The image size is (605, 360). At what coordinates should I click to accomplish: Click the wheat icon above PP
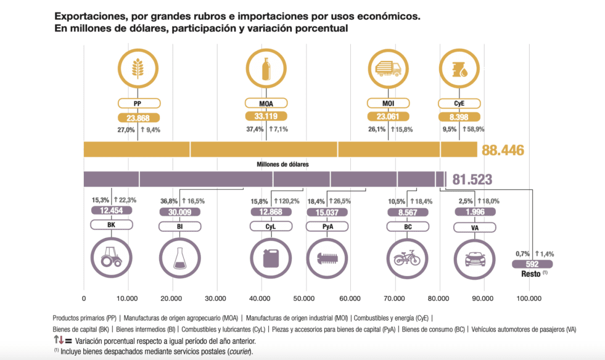(x=138, y=68)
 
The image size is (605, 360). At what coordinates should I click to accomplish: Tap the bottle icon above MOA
(x=266, y=68)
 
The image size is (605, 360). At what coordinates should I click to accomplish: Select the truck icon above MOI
(x=388, y=68)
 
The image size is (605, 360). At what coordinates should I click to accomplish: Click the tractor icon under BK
(x=111, y=257)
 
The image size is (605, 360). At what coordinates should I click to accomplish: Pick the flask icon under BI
(x=180, y=258)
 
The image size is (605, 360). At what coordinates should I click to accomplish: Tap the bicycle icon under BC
(x=407, y=258)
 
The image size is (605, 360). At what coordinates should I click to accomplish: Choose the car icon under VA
(x=475, y=259)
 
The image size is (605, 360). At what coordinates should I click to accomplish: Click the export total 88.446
(x=503, y=150)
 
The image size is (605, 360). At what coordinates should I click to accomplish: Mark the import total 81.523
(x=472, y=179)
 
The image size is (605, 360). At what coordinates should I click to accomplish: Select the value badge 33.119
(x=266, y=116)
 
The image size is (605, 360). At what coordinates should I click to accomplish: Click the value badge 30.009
(x=180, y=212)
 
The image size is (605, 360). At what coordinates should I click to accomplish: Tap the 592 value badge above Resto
(x=532, y=264)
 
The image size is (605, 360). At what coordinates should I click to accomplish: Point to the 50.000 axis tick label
(x=303, y=298)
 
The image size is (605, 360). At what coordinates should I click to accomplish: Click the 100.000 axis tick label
(x=529, y=298)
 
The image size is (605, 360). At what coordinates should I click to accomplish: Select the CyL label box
(x=271, y=226)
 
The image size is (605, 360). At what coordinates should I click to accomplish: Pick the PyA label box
(x=327, y=226)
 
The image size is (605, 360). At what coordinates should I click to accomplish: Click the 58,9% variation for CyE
(x=474, y=129)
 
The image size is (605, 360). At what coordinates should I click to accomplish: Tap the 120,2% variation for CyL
(x=287, y=201)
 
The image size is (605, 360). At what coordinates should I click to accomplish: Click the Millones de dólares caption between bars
(x=283, y=165)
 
